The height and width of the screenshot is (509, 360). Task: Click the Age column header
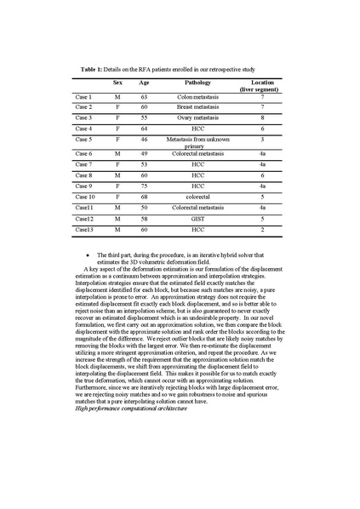pos(144,83)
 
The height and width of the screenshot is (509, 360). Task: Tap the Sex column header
pos(117,83)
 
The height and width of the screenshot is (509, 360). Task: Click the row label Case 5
pos(84,138)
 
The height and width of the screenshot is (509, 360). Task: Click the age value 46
pos(144,138)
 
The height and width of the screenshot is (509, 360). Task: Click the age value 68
pos(144,197)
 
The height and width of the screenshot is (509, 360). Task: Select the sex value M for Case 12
pos(117,219)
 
